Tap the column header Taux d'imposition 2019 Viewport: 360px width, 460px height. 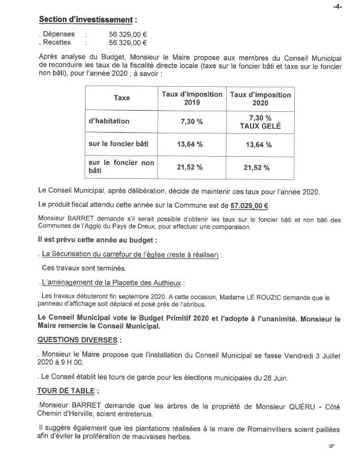pos(191,99)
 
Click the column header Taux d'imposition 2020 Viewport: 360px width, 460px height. pos(260,99)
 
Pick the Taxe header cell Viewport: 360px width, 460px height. pos(122,98)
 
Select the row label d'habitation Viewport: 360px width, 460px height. pos(109,121)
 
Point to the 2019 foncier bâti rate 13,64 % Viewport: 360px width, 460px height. pos(191,145)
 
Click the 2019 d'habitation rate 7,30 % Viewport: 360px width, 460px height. pos(191,121)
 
